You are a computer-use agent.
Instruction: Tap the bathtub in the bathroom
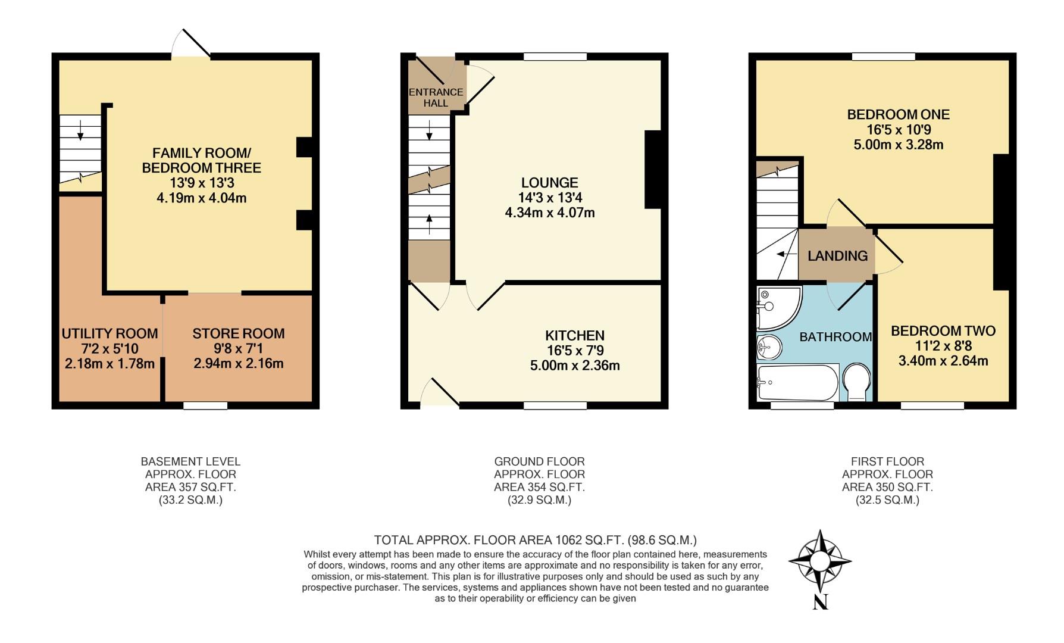coord(797,383)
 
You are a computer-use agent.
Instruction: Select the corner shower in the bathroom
coord(777,307)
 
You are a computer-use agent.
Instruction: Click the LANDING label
coord(837,256)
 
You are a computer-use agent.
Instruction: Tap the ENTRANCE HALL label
coord(436,98)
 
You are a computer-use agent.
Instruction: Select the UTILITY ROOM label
coord(110,333)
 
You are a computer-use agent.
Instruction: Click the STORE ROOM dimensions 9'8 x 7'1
coord(238,348)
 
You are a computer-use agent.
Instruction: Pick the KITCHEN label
coord(575,336)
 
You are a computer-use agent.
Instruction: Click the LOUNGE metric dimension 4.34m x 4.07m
coord(550,213)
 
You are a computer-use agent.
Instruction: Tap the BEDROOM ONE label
coord(898,114)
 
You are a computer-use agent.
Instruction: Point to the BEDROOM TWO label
coord(943,331)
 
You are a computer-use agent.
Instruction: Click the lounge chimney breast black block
coord(653,170)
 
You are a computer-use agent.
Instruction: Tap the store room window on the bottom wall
coord(205,406)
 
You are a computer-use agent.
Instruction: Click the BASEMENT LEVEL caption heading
coord(190,461)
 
